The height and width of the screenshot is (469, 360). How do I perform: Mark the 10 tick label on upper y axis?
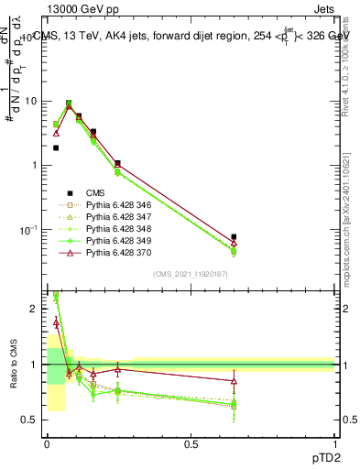pyautogui.click(x=32, y=102)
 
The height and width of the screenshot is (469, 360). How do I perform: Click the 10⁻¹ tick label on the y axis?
pyautogui.click(x=30, y=229)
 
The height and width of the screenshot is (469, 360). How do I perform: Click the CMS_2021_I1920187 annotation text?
pyautogui.click(x=189, y=274)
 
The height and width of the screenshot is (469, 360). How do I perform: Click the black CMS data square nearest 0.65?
pyautogui.click(x=235, y=237)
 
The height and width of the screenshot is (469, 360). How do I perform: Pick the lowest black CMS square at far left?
pyautogui.click(x=56, y=147)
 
